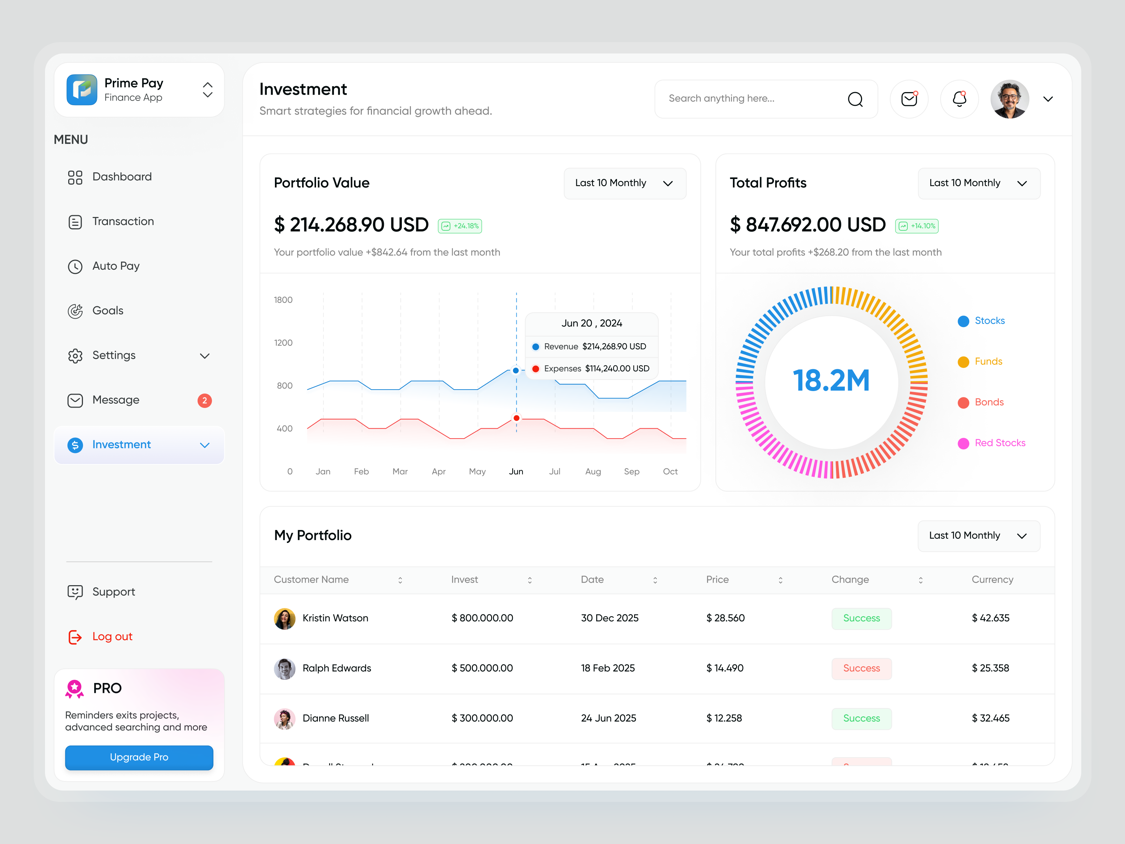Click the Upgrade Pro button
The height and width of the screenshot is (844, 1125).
click(139, 757)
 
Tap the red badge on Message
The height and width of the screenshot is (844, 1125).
click(205, 401)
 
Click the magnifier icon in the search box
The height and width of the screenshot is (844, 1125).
click(855, 99)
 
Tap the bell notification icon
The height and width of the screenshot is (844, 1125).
click(959, 99)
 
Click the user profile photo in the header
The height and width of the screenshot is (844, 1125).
click(1010, 99)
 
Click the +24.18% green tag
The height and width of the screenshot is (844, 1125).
click(460, 226)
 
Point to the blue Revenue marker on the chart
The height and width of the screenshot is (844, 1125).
click(516, 370)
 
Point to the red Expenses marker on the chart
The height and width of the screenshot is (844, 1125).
click(516, 418)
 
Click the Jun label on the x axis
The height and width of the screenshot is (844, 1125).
click(516, 472)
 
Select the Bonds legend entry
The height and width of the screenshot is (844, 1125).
click(988, 402)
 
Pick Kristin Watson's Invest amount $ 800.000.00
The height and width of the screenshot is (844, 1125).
click(482, 618)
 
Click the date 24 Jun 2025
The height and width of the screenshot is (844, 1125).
click(608, 718)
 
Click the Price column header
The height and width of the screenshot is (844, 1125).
click(717, 580)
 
